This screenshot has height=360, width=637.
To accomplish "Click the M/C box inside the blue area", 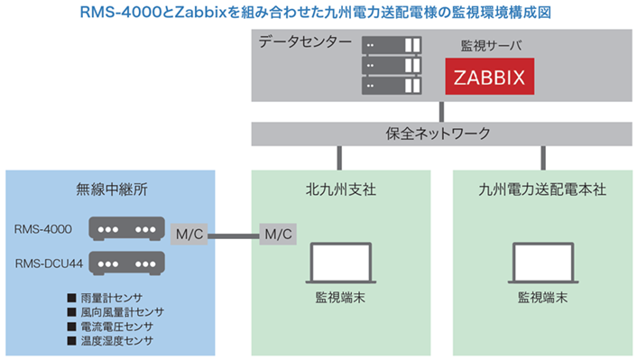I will point(189,235).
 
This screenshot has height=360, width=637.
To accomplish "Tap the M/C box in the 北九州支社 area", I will point(276,235).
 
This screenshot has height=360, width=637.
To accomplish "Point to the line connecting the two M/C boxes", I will point(233,235).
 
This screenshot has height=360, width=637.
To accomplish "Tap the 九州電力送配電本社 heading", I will point(543,191).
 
